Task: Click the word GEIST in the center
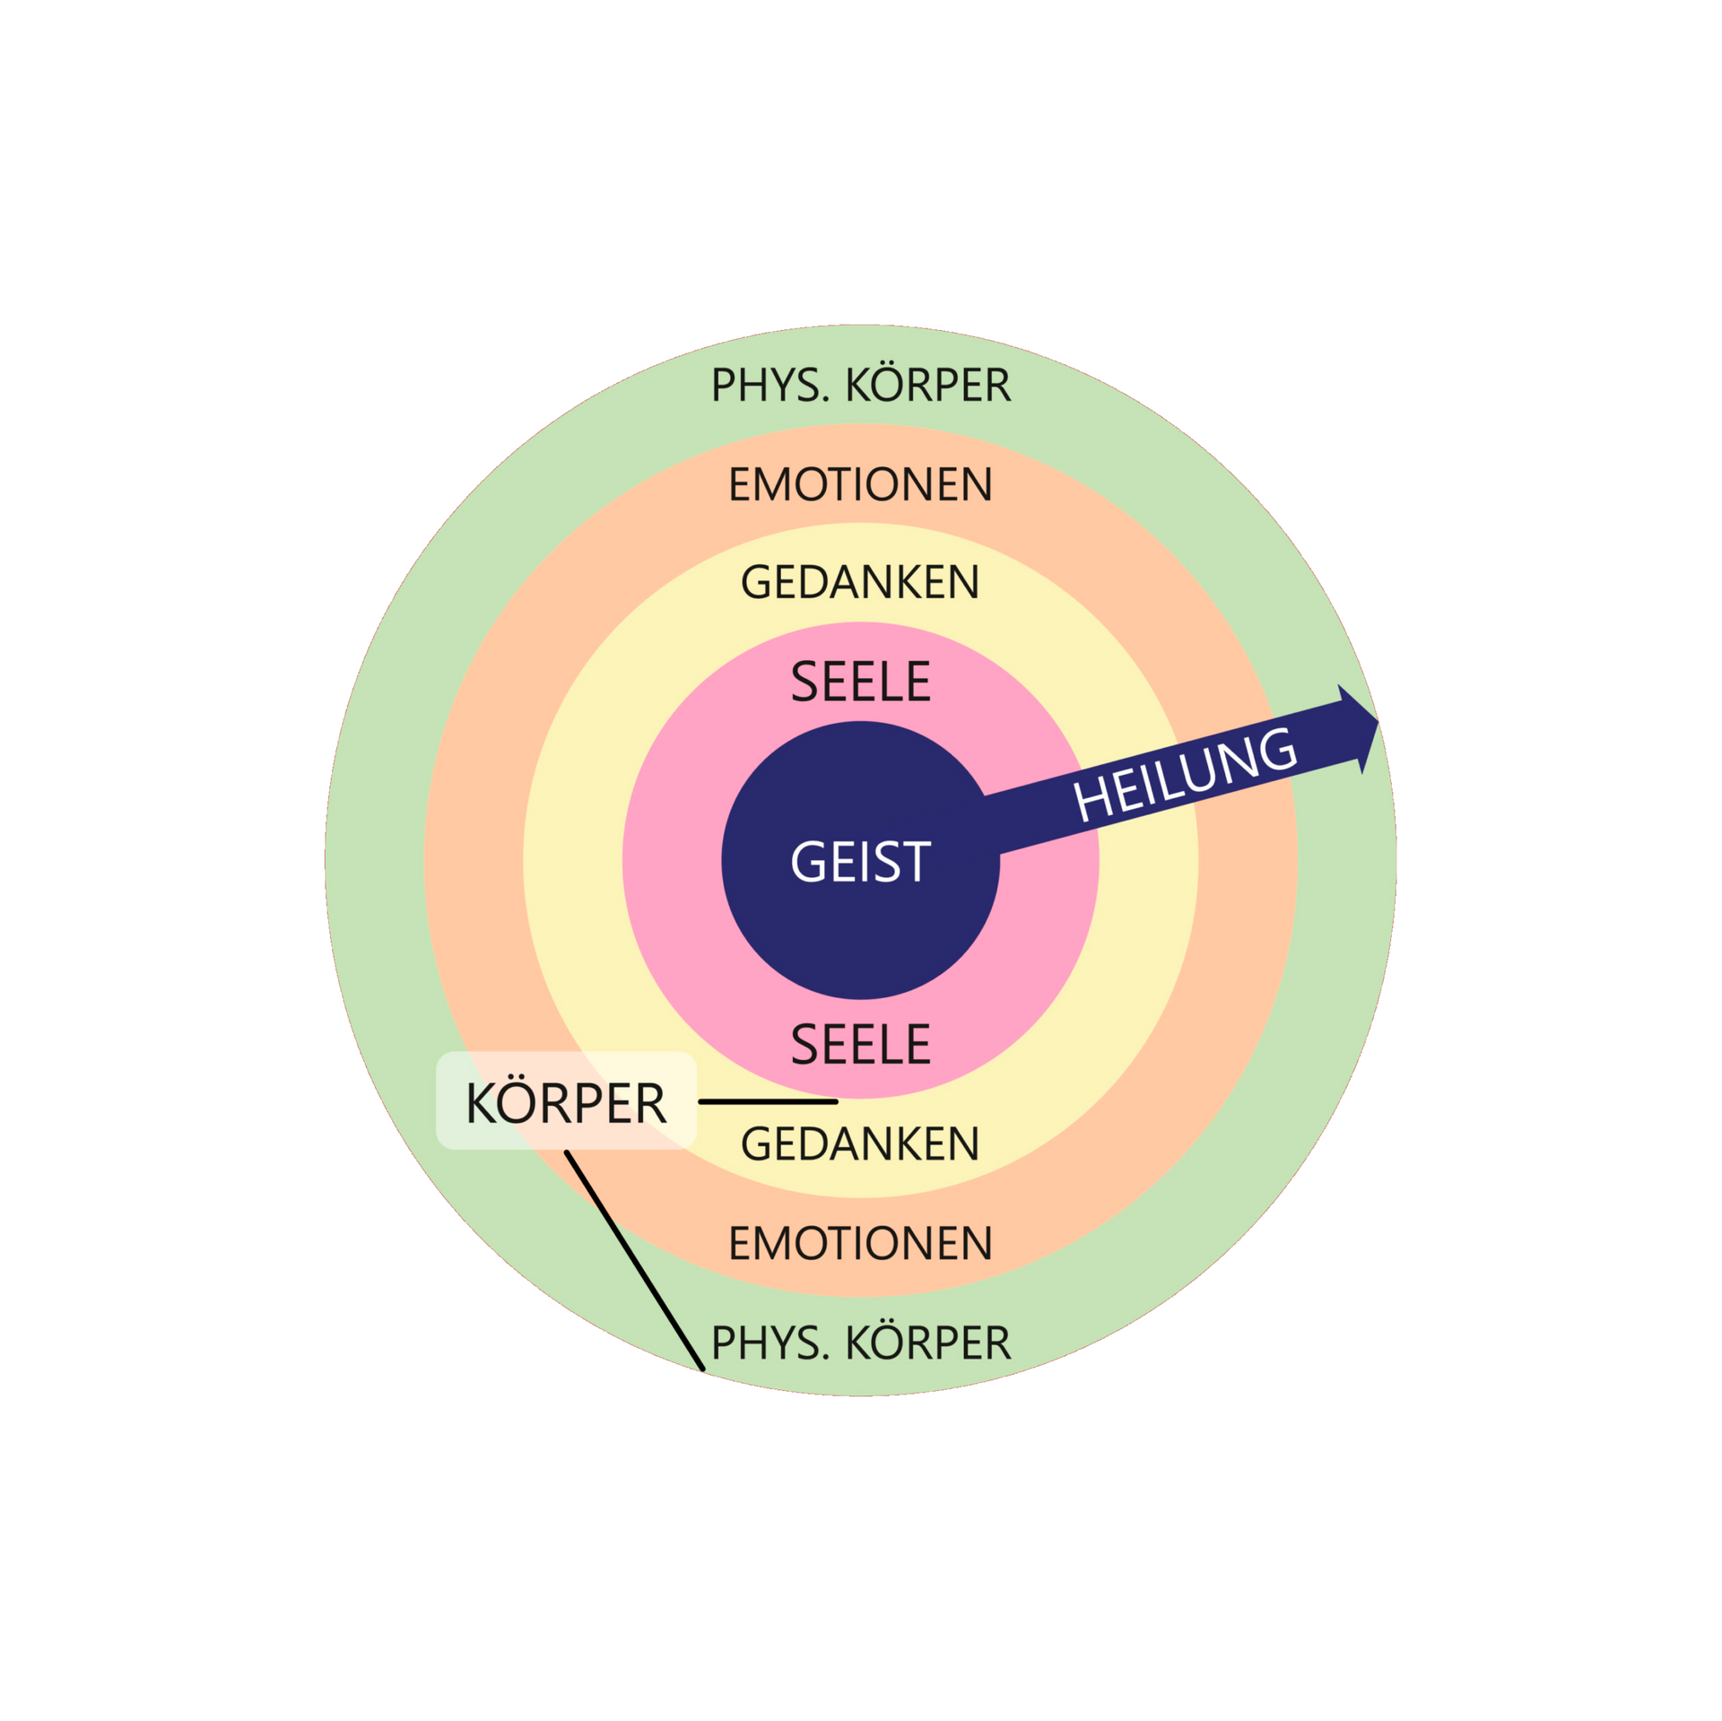tap(860, 862)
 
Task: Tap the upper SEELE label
tap(860, 682)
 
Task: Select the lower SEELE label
tap(860, 1044)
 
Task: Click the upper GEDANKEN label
tap(860, 582)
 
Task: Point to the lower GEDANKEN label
tap(860, 1144)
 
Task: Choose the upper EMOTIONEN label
tap(860, 484)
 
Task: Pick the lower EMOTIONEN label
tap(860, 1243)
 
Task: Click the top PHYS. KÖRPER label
tap(860, 386)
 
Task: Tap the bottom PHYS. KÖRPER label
tap(860, 1343)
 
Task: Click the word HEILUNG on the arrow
tap(1186, 775)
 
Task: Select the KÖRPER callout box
tap(566, 1101)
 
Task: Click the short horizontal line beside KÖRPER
tap(768, 1101)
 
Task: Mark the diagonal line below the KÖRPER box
tap(634, 1261)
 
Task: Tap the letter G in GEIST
tap(807, 862)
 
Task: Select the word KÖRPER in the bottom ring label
tap(928, 1343)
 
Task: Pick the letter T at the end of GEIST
tap(915, 862)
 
